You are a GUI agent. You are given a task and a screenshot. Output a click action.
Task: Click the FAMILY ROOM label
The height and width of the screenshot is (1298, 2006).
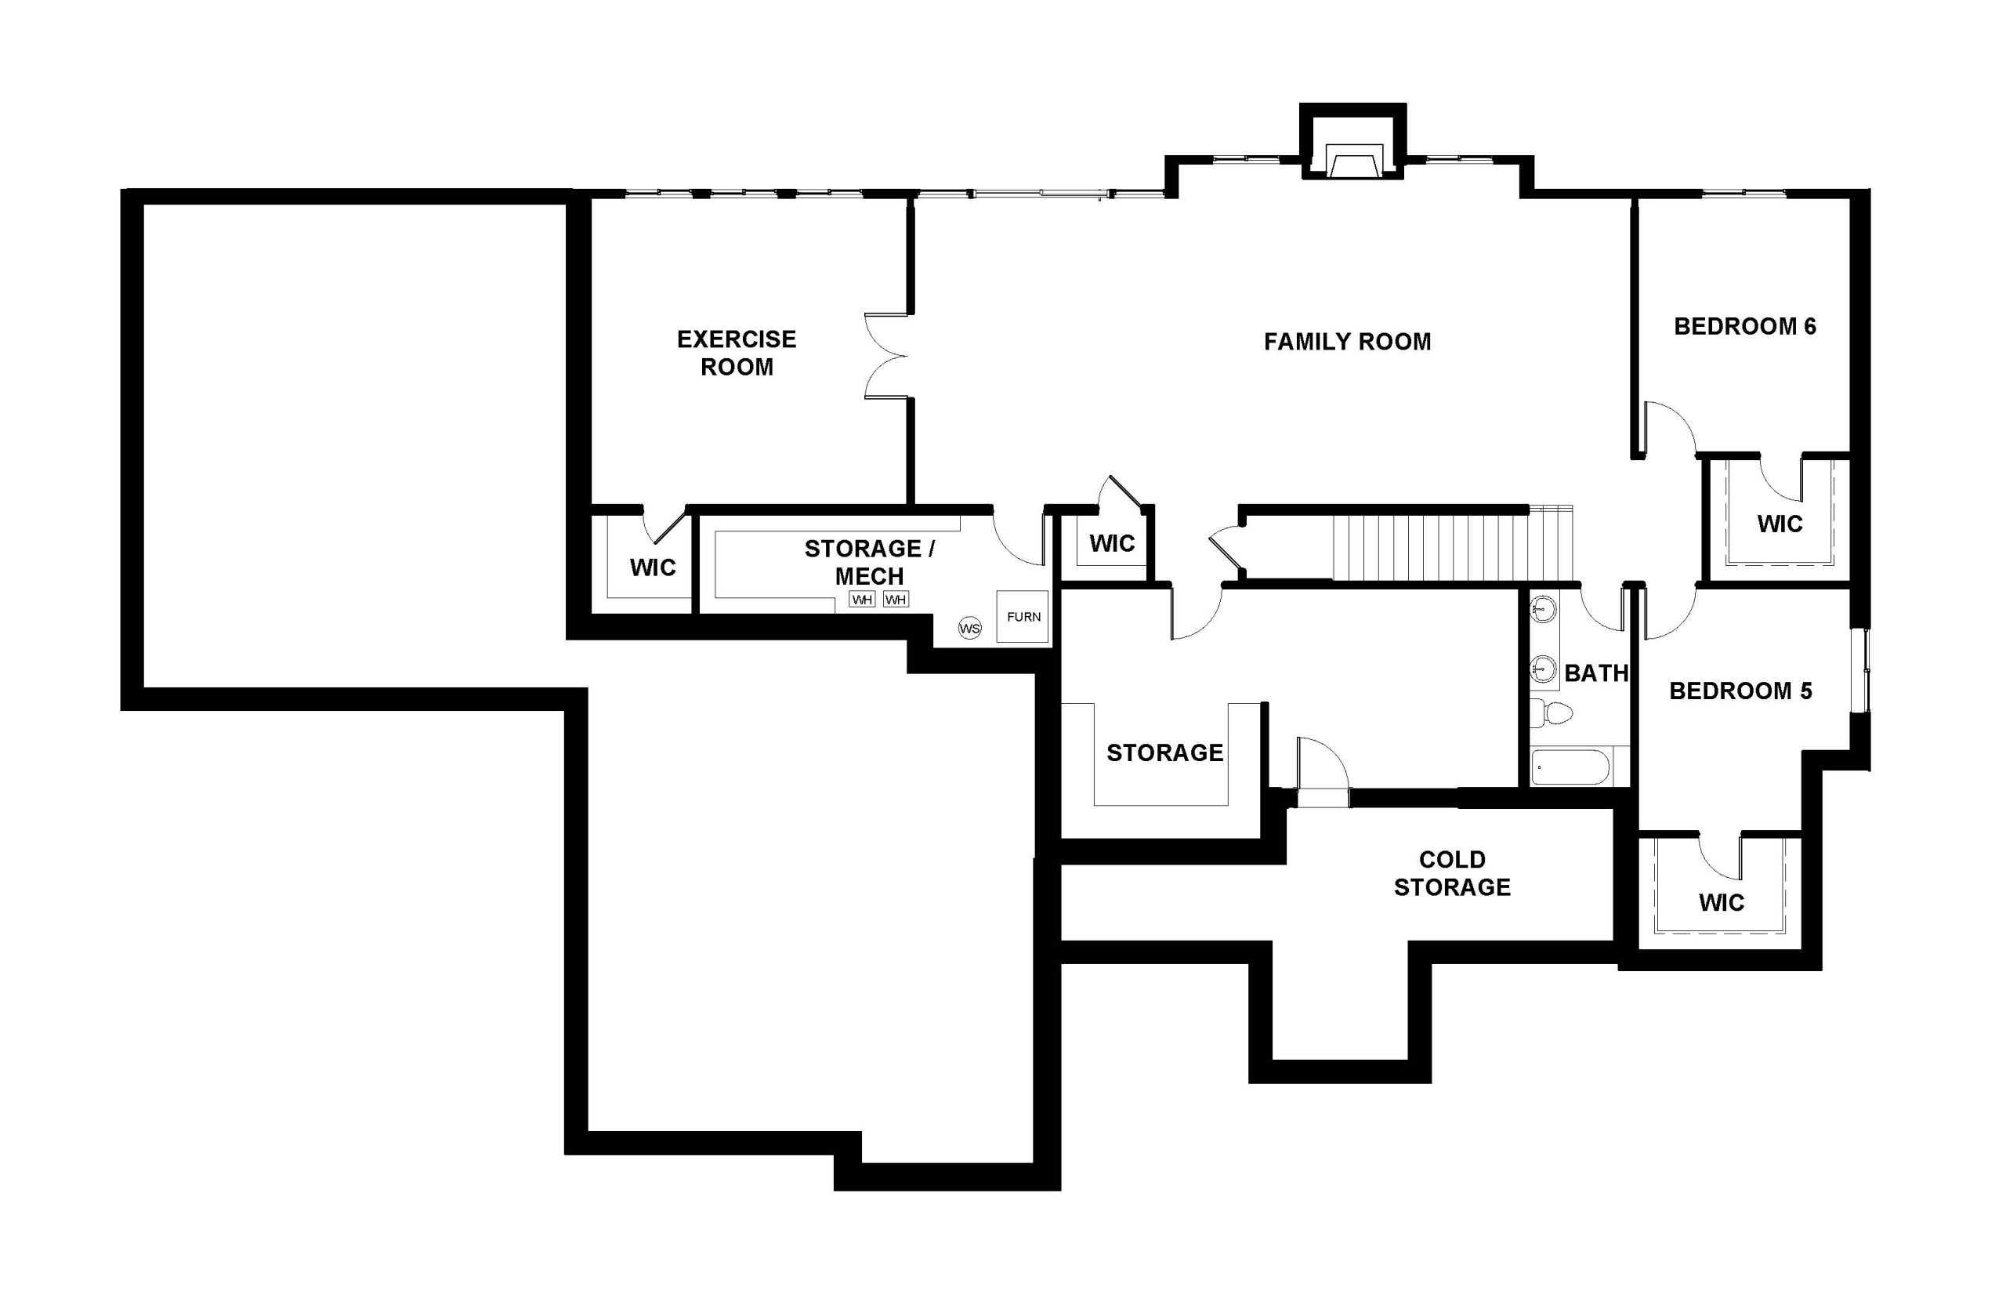[1346, 342]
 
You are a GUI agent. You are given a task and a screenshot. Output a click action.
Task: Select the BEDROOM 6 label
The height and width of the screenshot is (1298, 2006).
[1744, 326]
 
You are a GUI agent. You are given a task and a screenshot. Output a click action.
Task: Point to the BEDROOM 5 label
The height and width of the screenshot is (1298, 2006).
[1740, 691]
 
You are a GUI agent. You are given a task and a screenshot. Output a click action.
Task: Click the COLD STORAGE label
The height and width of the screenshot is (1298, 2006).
[1452, 873]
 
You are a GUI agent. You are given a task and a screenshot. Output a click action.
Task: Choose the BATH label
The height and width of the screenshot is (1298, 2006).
[1595, 673]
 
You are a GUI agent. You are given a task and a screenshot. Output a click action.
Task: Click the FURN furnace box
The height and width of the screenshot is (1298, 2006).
[1023, 616]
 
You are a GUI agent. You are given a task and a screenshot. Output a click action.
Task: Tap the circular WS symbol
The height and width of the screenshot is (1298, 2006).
[970, 628]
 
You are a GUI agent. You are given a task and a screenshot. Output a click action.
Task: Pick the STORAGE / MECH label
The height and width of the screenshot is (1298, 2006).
[869, 562]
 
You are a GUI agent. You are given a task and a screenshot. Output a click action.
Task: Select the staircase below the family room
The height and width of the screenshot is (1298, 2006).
[1452, 544]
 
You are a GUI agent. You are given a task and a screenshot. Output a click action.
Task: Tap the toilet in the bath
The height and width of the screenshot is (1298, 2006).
[1551, 713]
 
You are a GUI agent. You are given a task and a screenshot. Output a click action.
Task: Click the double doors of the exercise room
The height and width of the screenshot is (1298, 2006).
[886, 356]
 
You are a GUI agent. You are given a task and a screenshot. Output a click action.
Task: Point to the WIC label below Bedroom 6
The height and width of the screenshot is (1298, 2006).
[1780, 524]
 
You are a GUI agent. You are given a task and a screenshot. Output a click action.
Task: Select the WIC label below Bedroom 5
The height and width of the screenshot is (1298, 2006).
[1722, 903]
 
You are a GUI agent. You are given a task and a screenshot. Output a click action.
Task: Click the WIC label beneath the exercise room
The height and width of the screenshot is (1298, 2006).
[653, 567]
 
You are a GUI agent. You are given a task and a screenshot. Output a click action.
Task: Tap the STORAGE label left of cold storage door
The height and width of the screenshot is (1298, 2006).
[1164, 752]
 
